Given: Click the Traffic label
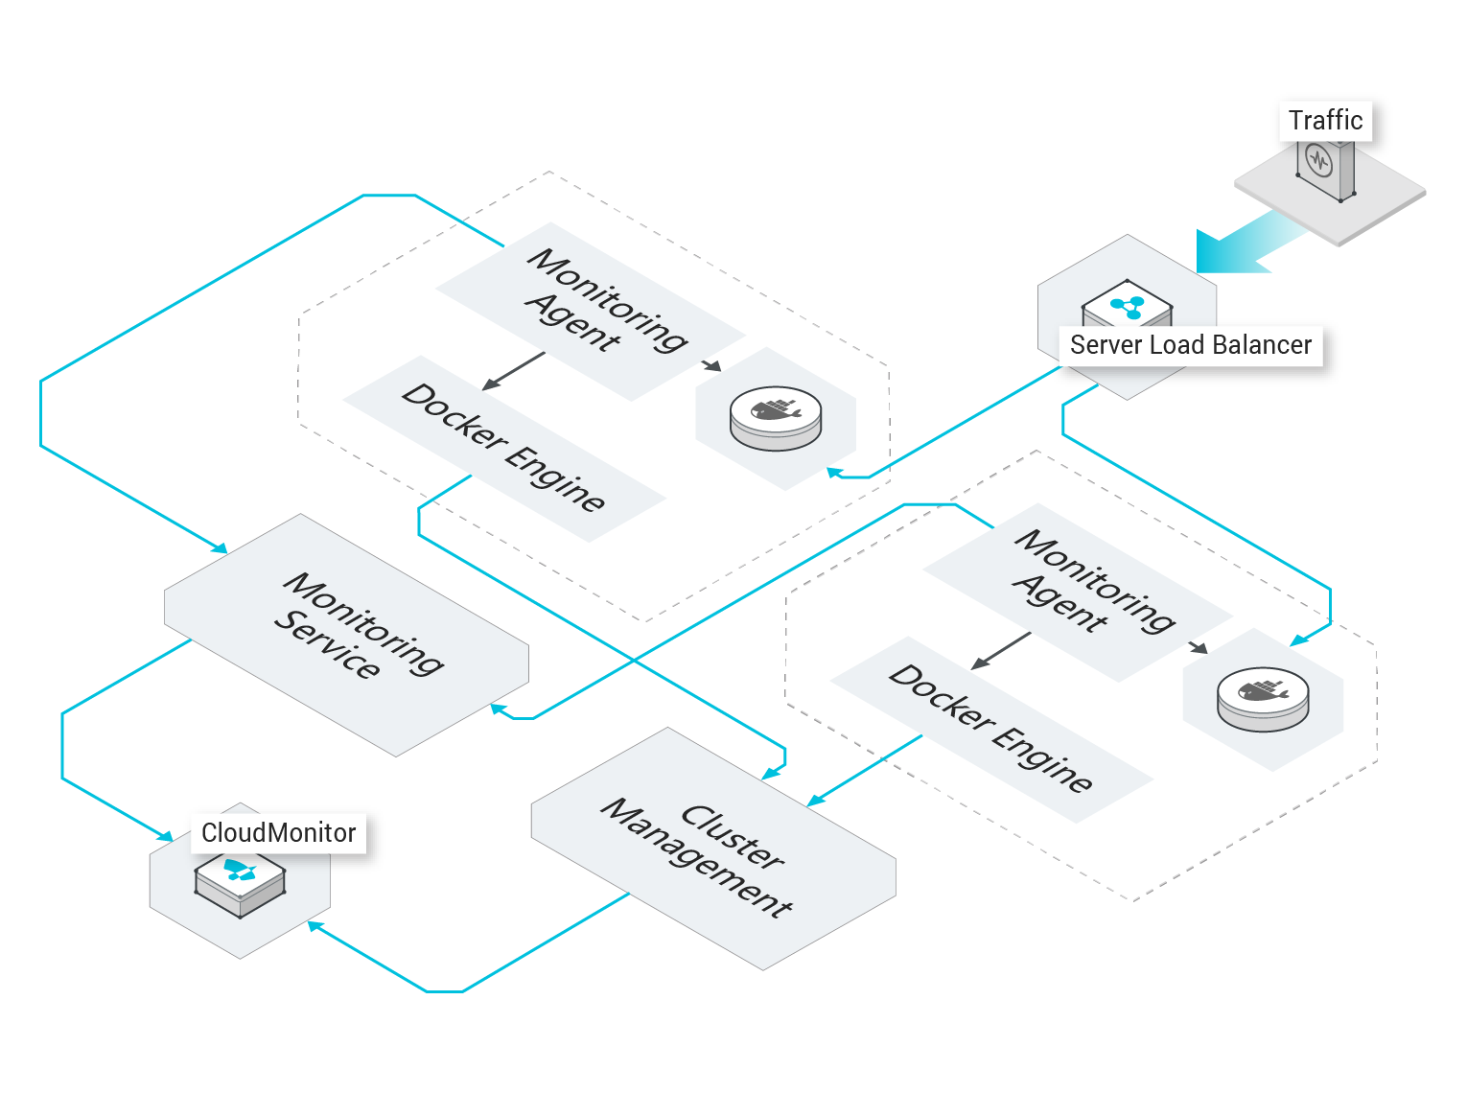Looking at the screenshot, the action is click(1325, 121).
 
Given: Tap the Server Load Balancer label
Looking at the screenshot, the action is click(1191, 345).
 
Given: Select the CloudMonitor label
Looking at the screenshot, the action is click(278, 833).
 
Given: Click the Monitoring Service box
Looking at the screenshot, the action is click(346, 635).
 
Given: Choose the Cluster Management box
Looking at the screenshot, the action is click(713, 849).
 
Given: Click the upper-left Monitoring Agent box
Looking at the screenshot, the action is click(591, 312).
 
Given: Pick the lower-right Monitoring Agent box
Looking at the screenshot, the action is click(1078, 593).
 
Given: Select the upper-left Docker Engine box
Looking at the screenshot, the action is click(504, 449).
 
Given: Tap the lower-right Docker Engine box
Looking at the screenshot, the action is click(991, 730).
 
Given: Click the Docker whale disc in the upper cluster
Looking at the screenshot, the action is click(775, 418).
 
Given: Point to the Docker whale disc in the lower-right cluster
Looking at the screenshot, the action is click(1263, 699).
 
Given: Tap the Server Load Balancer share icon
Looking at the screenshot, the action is click(1127, 308).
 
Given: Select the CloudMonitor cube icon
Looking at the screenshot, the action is click(240, 885).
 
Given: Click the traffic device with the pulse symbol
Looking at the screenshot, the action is click(1325, 169).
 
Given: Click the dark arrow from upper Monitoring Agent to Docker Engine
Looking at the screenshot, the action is click(513, 371).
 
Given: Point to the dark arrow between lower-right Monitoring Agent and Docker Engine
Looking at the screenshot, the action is click(1001, 651).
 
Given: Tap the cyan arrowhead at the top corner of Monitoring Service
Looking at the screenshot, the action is click(220, 547).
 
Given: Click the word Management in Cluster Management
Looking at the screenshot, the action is click(696, 858).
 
